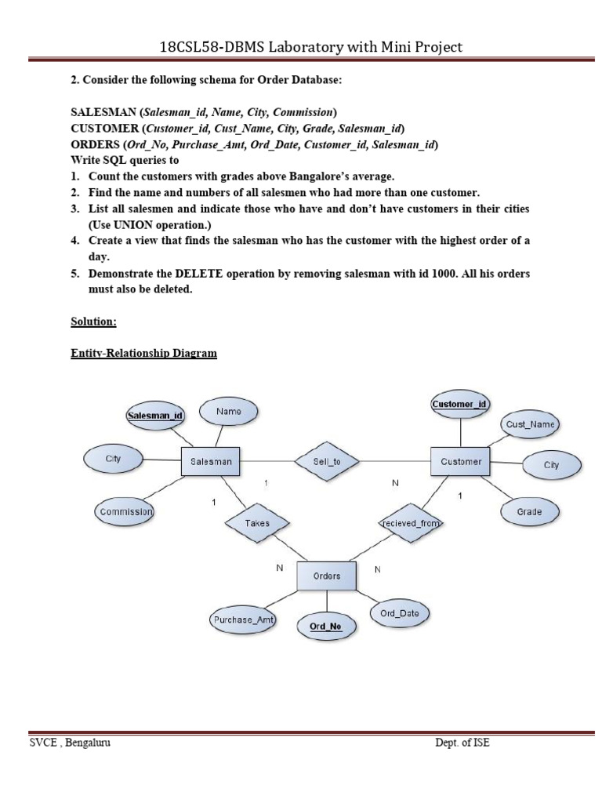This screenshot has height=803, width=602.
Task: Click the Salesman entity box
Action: pyautogui.click(x=211, y=462)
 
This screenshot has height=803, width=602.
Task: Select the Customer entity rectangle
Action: pyautogui.click(x=460, y=462)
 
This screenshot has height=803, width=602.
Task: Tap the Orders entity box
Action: pyautogui.click(x=326, y=576)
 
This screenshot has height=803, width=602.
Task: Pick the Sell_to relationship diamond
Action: pyautogui.click(x=326, y=462)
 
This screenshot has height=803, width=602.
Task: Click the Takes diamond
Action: pyautogui.click(x=257, y=522)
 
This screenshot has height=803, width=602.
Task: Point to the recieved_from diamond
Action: pyautogui.click(x=411, y=522)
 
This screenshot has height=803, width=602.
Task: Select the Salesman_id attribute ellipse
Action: pyautogui.click(x=155, y=415)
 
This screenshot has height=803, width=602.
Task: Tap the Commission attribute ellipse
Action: pyautogui.click(x=125, y=512)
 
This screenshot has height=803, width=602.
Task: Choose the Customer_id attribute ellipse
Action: pyautogui.click(x=459, y=404)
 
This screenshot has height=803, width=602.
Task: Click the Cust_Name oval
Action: pyautogui.click(x=530, y=424)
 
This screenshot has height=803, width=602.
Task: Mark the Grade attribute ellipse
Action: pyautogui.click(x=529, y=512)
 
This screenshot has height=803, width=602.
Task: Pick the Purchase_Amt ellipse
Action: pyautogui.click(x=244, y=620)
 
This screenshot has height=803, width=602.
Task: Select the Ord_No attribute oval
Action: pyautogui.click(x=325, y=627)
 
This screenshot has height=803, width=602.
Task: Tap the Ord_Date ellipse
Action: pyautogui.click(x=399, y=614)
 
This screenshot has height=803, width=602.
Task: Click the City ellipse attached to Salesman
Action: pyautogui.click(x=114, y=459)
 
